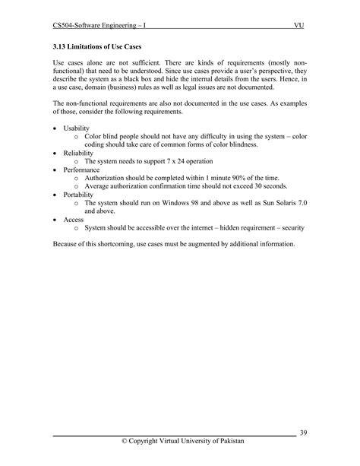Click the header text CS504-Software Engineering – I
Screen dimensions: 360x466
coord(99,26)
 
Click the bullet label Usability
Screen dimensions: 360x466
coord(76,128)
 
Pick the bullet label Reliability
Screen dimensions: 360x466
coord(77,152)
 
